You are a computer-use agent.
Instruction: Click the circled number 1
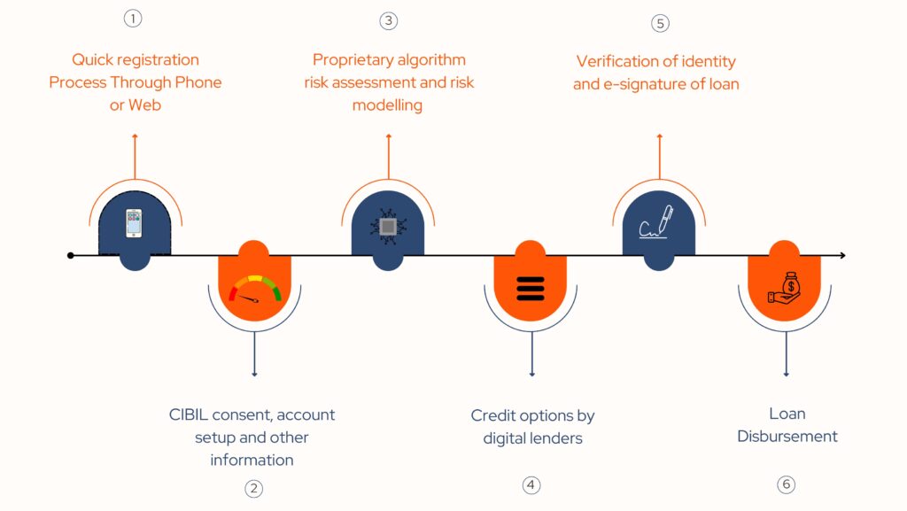133,19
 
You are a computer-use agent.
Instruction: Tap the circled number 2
253,489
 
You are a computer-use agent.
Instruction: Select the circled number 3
388,21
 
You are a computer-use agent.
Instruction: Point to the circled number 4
531,485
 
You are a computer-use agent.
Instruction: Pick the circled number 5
660,23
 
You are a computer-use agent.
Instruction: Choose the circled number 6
787,484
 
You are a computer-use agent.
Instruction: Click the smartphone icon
135,224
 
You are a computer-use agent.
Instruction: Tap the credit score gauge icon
254,289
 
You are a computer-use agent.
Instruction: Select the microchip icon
388,227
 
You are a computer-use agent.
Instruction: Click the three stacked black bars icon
531,289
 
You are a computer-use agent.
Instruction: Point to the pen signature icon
656,221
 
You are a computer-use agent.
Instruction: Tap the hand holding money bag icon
785,288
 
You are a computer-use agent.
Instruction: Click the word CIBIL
188,414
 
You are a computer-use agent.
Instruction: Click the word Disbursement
787,436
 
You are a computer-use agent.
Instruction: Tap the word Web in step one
144,105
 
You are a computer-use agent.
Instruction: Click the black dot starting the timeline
71,255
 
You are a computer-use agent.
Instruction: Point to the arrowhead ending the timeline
843,255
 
